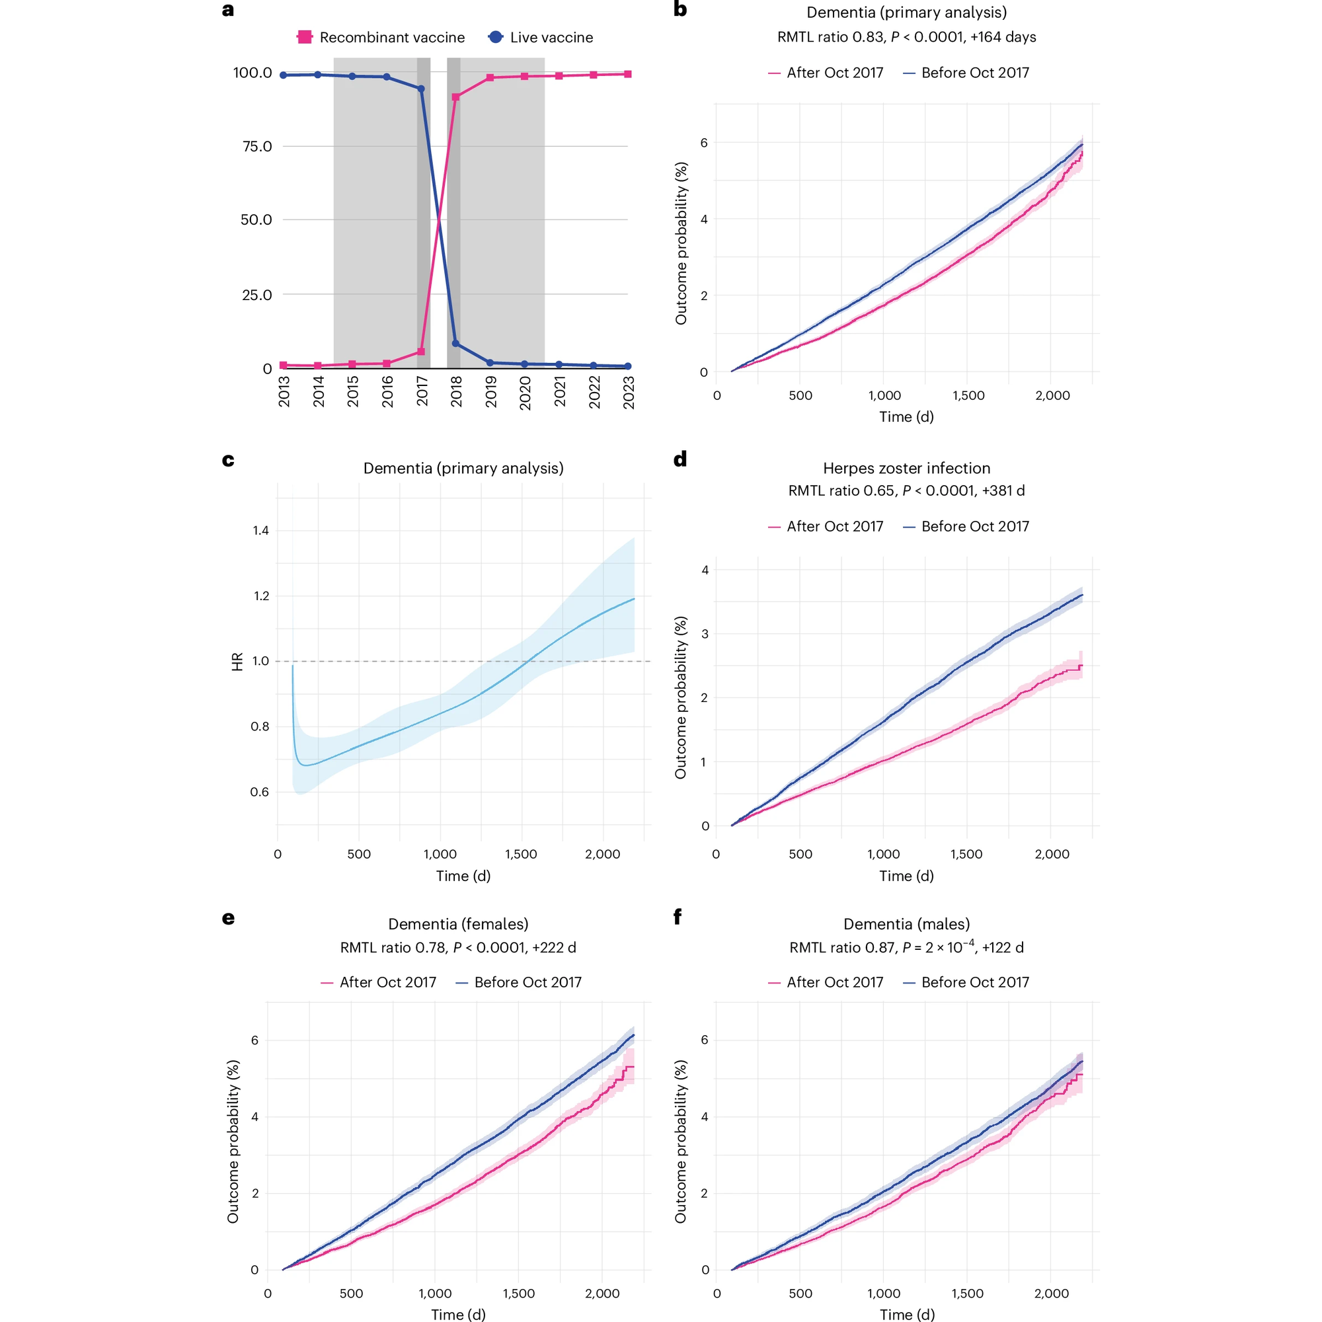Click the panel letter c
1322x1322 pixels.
click(x=228, y=460)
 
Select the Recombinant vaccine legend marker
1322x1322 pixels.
click(x=305, y=37)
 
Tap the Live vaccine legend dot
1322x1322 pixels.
click(x=495, y=37)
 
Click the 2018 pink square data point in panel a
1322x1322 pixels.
click(x=455, y=97)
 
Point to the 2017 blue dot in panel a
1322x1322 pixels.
click(x=421, y=89)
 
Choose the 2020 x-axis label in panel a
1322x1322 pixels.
click(x=525, y=392)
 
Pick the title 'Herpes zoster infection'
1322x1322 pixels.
click(x=906, y=468)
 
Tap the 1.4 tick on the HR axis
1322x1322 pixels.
click(x=260, y=530)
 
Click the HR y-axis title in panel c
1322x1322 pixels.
click(x=237, y=662)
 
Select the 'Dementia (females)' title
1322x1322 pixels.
click(x=458, y=924)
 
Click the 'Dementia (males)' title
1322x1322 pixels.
click(x=906, y=924)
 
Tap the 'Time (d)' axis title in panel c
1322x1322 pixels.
click(x=463, y=876)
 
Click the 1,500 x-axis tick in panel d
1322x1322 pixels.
click(x=966, y=854)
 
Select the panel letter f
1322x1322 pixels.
click(x=678, y=917)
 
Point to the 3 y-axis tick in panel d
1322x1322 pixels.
click(x=705, y=634)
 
